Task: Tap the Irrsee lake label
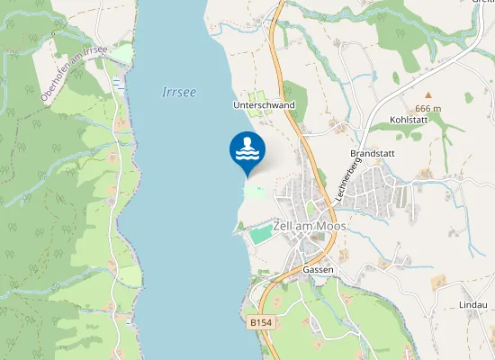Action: click(x=178, y=92)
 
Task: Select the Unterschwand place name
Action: click(x=264, y=105)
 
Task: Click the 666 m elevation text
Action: click(x=428, y=109)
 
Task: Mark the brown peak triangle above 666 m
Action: click(x=428, y=94)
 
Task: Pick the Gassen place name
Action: click(x=319, y=270)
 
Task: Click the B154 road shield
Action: click(x=260, y=321)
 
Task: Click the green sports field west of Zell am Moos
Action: click(x=260, y=235)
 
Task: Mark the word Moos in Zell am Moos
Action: click(x=329, y=226)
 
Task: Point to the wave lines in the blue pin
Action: click(x=247, y=154)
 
